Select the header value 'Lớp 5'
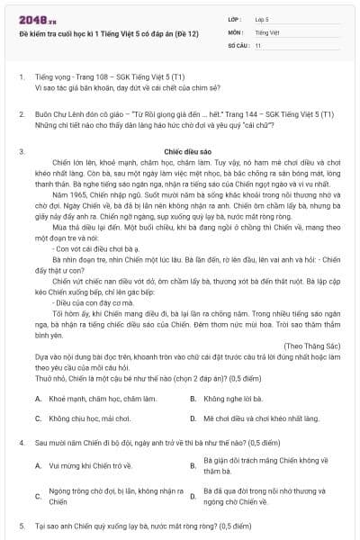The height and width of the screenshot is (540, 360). (262, 18)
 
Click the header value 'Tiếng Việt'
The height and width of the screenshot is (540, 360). (265, 31)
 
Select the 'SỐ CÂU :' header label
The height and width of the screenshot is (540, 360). (238, 44)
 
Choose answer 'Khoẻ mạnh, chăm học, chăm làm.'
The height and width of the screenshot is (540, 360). (100, 397)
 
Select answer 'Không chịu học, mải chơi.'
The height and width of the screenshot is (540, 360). (90, 418)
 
